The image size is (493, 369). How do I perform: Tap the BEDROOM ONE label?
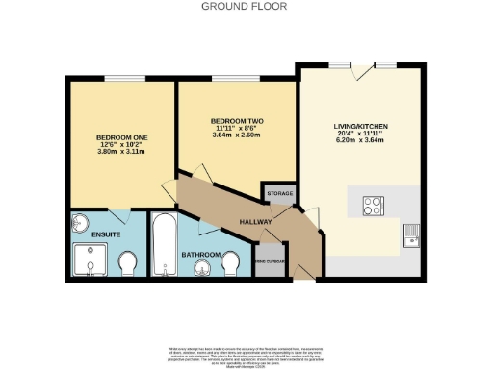click(x=119, y=137)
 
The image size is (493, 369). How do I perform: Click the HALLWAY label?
click(x=255, y=223)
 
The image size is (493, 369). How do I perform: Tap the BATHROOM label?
click(x=199, y=255)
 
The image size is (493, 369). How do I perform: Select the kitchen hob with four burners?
click(x=373, y=205)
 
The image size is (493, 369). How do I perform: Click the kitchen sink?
click(x=411, y=233)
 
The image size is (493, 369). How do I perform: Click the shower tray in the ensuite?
click(x=92, y=258)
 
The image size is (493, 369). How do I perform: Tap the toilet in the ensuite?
click(x=128, y=261)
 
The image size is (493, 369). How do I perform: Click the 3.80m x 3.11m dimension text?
click(x=119, y=153)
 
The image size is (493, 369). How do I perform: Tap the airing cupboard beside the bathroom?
click(x=270, y=260)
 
